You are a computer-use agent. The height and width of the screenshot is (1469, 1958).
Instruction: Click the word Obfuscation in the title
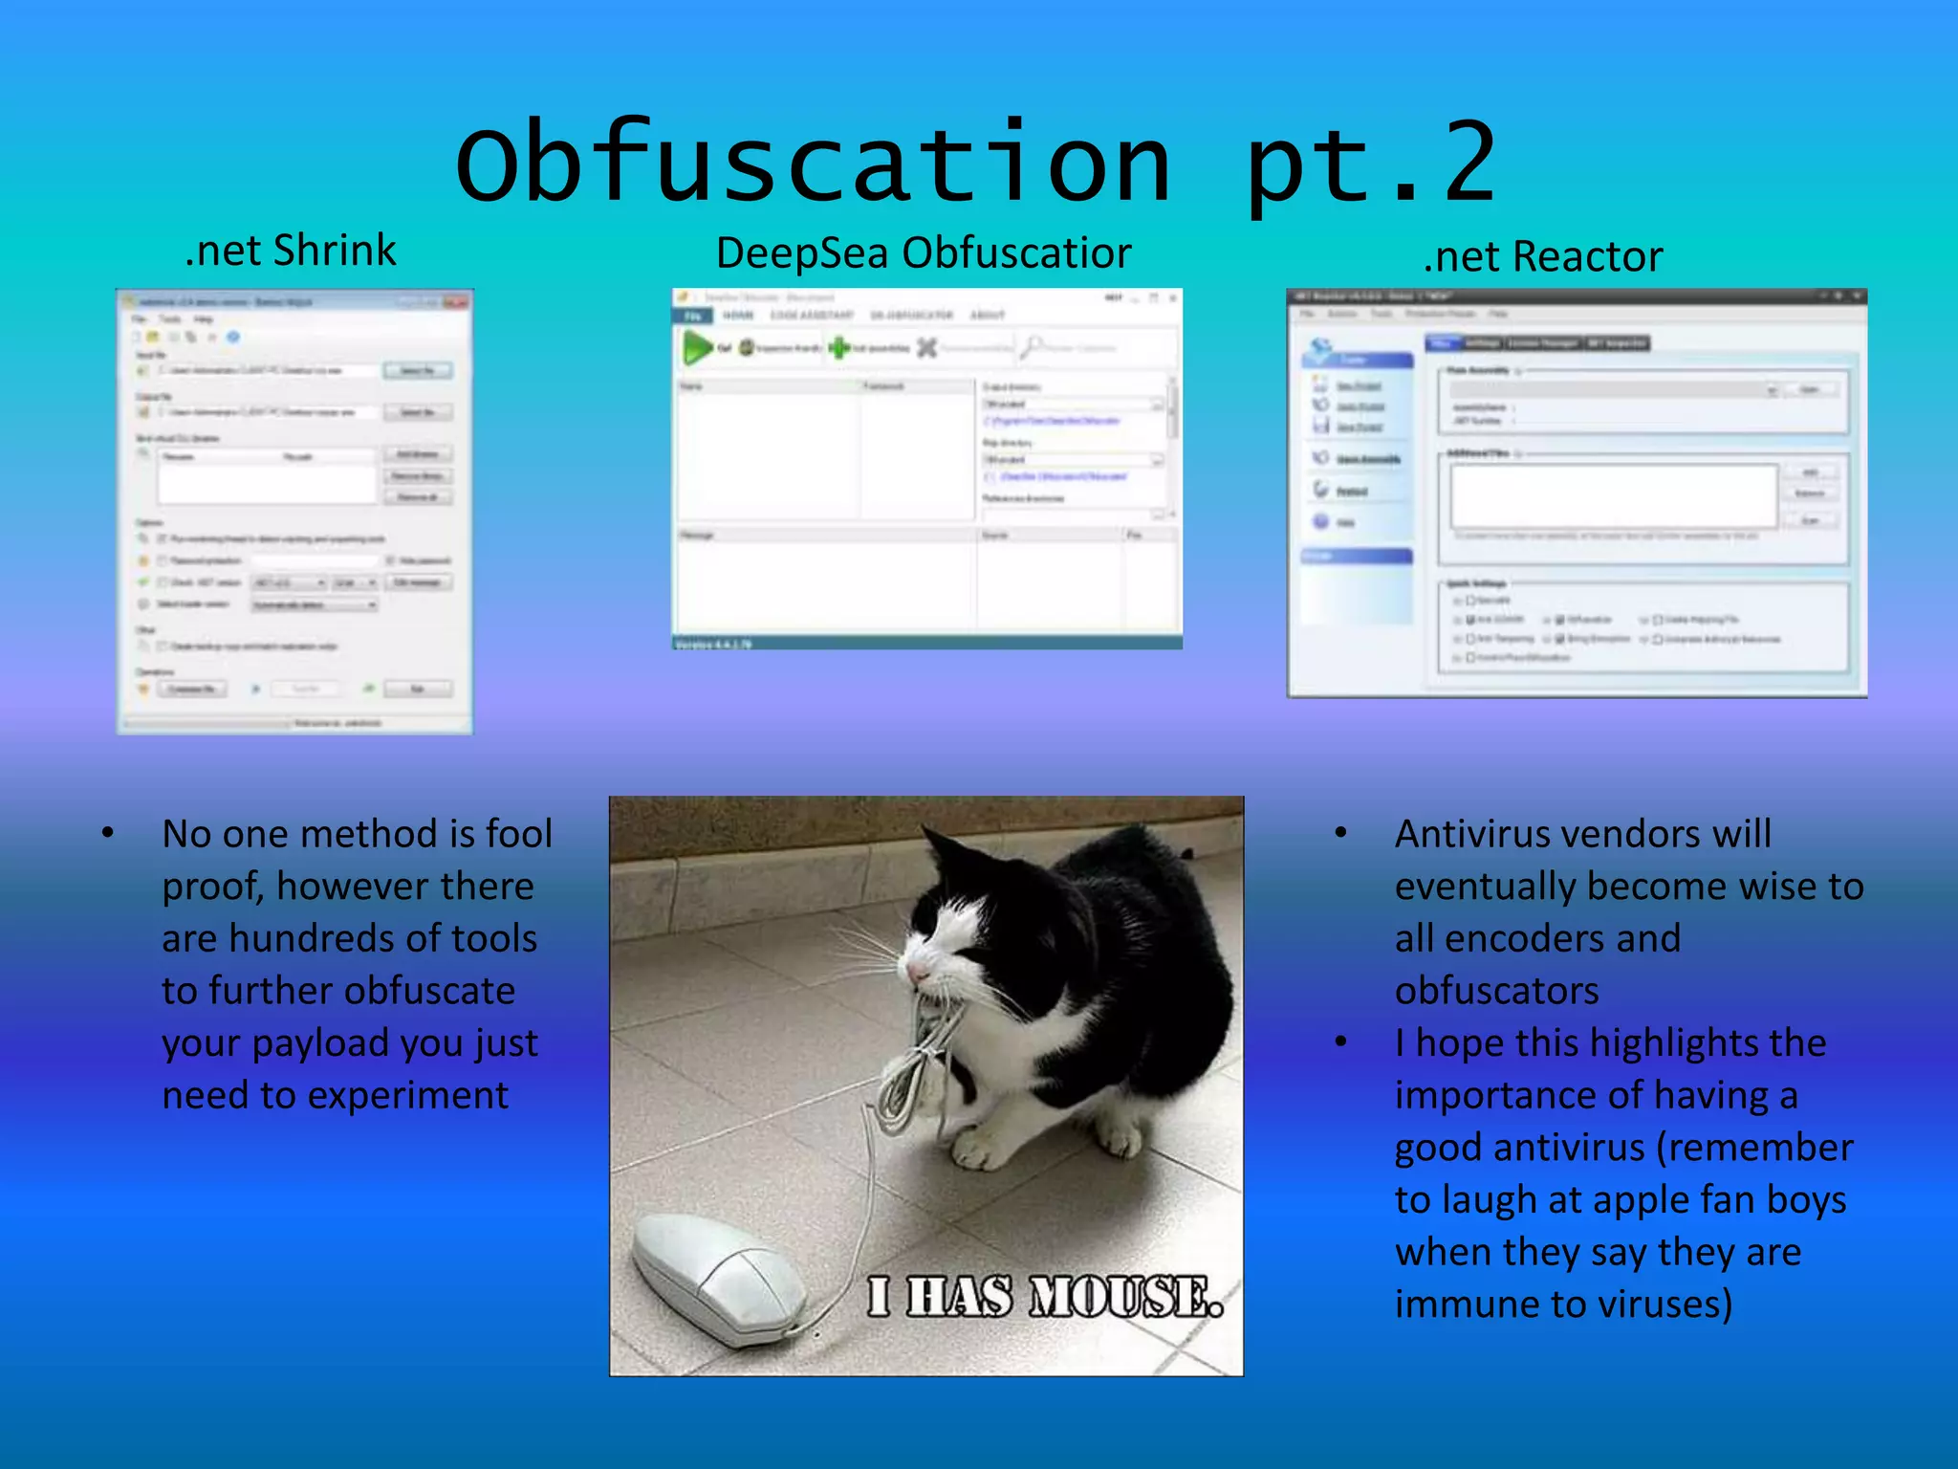pyautogui.click(x=813, y=163)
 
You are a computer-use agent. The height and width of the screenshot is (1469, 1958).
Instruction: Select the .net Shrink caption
pyautogui.click(x=291, y=251)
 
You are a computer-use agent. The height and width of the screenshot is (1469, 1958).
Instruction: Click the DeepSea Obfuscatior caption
pyautogui.click(x=924, y=253)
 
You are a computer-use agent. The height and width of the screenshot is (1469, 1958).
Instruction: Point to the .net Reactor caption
pyautogui.click(x=1543, y=257)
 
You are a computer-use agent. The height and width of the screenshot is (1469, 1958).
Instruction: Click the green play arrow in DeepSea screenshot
pyautogui.click(x=697, y=347)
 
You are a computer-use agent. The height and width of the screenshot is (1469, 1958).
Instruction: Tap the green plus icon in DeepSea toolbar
pyautogui.click(x=838, y=347)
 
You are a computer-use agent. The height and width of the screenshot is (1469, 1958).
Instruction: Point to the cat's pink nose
pyautogui.click(x=917, y=973)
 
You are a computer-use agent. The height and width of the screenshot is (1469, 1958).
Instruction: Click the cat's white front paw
pyautogui.click(x=975, y=1148)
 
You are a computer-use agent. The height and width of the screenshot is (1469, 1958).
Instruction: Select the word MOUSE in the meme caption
pyautogui.click(x=1126, y=1298)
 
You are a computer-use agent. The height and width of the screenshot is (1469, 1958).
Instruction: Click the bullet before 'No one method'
pyautogui.click(x=108, y=833)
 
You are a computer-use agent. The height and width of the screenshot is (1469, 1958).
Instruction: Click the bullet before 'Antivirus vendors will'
pyautogui.click(x=1341, y=833)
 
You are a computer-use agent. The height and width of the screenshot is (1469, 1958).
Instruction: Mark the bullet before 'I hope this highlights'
pyautogui.click(x=1341, y=1042)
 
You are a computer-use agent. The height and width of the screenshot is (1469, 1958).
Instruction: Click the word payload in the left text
pyautogui.click(x=318, y=1043)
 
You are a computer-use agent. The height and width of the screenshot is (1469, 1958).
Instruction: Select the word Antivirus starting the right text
pyautogui.click(x=1478, y=834)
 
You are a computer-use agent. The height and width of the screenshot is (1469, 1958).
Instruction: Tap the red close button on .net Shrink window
pyautogui.click(x=455, y=302)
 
